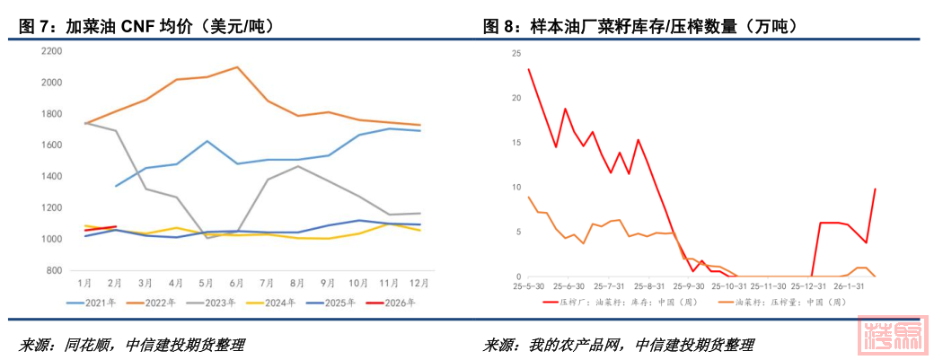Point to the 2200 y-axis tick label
pyautogui.click(x=51, y=51)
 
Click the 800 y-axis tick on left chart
pyautogui.click(x=54, y=270)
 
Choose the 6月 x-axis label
pyautogui.click(x=236, y=283)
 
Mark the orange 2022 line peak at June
pyautogui.click(x=236, y=67)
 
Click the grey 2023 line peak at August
pyautogui.click(x=298, y=166)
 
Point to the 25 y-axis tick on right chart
pyautogui.click(x=516, y=53)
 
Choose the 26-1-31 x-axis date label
pyautogui.click(x=849, y=286)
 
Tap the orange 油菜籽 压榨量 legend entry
pyautogui.click(x=781, y=303)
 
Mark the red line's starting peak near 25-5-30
pyautogui.click(x=528, y=69)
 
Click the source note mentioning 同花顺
pyautogui.click(x=131, y=345)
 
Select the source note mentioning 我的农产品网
pyautogui.click(x=619, y=345)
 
